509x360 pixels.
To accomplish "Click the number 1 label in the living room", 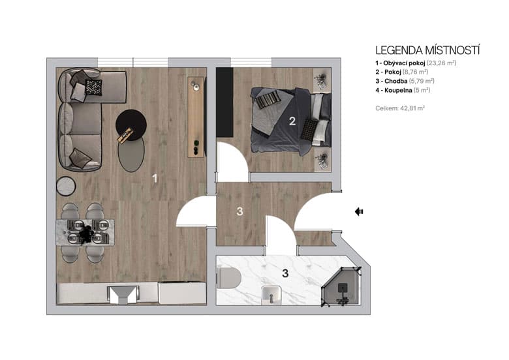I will point(155,177).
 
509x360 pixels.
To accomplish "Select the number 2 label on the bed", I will point(293,121).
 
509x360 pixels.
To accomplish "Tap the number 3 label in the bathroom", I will point(285,273).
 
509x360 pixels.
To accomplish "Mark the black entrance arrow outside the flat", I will point(360,211).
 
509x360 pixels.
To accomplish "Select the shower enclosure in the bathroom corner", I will point(341,288).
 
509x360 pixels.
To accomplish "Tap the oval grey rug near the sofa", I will point(131,154).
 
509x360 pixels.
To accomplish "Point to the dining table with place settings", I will point(85,232).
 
